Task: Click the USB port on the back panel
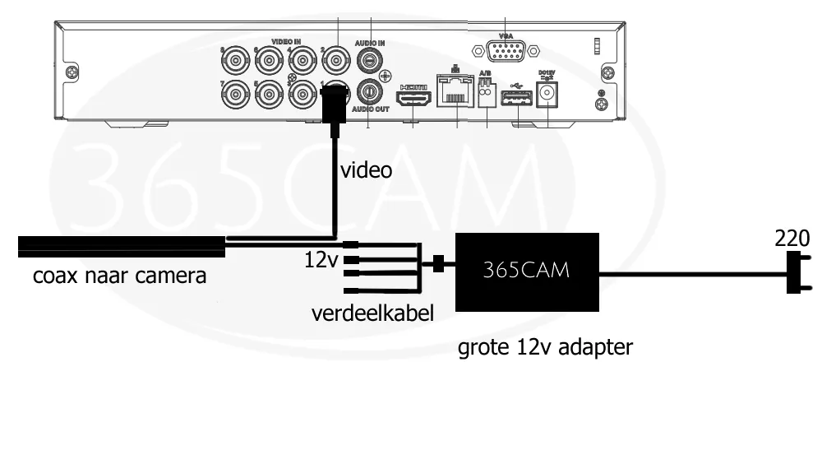(x=515, y=100)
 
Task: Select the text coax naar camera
(x=119, y=276)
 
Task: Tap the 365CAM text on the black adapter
(x=527, y=270)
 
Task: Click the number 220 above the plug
(x=792, y=239)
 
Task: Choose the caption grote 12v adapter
(x=546, y=347)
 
